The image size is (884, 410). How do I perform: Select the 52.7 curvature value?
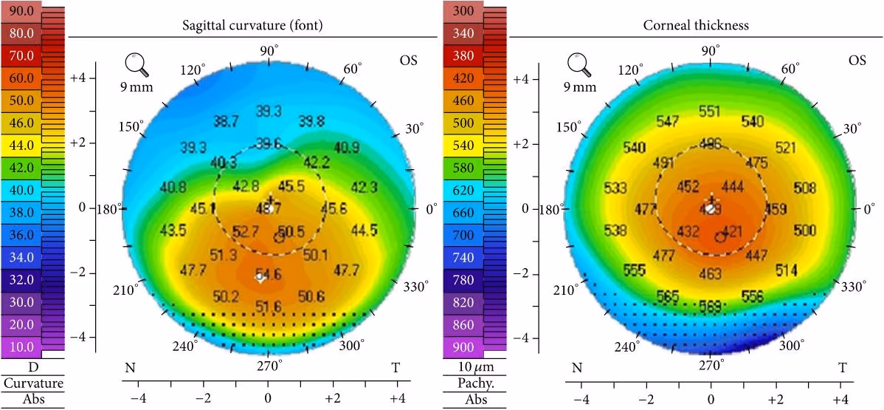point(245,232)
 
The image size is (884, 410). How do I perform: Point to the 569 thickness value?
point(711,304)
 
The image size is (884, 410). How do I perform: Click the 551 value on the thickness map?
point(710,112)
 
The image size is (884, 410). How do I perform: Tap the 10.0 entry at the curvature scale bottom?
point(21,347)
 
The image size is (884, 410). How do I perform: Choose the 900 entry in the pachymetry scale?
point(463,347)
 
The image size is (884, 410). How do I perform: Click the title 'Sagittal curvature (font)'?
point(253,26)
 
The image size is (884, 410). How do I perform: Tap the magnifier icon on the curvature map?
point(137,66)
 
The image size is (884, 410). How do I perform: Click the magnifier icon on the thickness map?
point(579,66)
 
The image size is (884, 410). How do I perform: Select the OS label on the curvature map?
point(408,60)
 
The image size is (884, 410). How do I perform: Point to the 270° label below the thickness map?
point(711,364)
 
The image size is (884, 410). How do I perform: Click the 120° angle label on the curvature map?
point(192,69)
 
